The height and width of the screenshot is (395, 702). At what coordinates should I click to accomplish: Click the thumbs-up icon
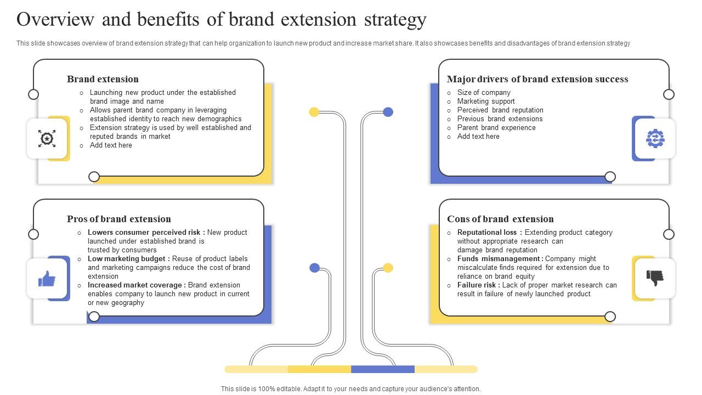(x=47, y=279)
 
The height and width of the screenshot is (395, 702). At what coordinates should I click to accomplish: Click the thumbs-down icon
(x=655, y=278)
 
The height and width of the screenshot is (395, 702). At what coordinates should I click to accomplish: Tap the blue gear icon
(x=655, y=139)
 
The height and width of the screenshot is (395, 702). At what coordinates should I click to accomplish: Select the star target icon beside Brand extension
(x=47, y=138)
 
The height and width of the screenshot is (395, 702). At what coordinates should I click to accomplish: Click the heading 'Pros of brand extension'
(x=119, y=219)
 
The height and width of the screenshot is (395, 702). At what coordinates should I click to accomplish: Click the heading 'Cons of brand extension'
(x=500, y=219)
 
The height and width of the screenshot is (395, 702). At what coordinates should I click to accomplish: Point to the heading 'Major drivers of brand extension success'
(x=537, y=79)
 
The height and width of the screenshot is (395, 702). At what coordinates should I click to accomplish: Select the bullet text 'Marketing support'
(x=486, y=101)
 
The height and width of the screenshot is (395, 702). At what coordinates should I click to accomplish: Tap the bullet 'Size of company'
(x=484, y=93)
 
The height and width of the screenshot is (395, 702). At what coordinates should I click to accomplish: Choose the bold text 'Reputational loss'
(x=487, y=233)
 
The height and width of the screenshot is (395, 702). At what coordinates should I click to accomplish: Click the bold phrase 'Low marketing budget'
(x=126, y=259)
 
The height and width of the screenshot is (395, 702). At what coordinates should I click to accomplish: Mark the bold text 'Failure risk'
(x=477, y=285)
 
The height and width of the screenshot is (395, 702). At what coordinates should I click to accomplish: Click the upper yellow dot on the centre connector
(x=314, y=112)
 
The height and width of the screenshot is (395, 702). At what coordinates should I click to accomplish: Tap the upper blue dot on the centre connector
(x=388, y=112)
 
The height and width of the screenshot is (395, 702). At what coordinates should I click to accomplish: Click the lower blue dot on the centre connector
(x=314, y=268)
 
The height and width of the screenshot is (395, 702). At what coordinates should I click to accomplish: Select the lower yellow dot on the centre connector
(x=388, y=268)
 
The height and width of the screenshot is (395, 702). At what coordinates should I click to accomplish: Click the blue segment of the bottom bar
(x=383, y=369)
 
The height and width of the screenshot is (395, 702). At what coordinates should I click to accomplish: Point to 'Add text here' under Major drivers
(x=478, y=137)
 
